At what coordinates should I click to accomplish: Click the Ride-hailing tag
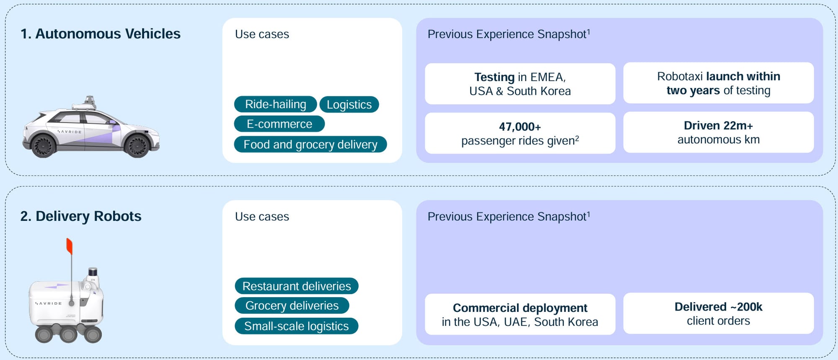(275, 104)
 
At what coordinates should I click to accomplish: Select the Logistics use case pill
(349, 104)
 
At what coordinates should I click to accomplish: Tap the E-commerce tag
(279, 124)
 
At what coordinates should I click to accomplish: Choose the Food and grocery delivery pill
(310, 144)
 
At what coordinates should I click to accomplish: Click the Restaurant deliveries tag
(297, 286)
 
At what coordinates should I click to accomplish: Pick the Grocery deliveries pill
(292, 306)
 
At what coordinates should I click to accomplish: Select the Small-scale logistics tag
(297, 326)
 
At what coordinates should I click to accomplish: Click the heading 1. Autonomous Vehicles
(101, 34)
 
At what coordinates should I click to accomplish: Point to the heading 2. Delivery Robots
(81, 216)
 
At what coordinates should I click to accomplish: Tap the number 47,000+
(520, 127)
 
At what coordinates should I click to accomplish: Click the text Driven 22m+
(719, 125)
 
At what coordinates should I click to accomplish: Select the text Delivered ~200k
(719, 307)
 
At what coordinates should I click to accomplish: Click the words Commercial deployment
(520, 308)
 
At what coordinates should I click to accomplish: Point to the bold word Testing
(494, 77)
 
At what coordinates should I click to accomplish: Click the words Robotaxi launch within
(719, 76)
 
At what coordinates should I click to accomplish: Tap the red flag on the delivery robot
(70, 246)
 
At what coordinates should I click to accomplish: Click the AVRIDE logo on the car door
(70, 132)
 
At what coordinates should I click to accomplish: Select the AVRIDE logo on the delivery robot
(49, 303)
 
